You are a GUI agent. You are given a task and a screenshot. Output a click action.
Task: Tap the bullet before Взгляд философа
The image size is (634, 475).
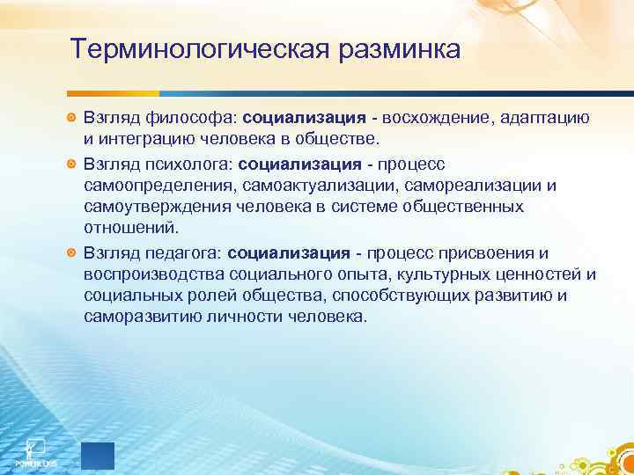coord(72,117)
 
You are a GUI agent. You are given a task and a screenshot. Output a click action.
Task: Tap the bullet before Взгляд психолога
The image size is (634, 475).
coord(72,163)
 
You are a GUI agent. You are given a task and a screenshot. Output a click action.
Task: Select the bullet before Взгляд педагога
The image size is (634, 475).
coord(72,252)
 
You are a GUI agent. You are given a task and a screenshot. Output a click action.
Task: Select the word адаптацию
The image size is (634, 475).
coord(549,117)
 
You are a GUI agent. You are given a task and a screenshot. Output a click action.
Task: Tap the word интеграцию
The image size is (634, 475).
coord(158,139)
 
